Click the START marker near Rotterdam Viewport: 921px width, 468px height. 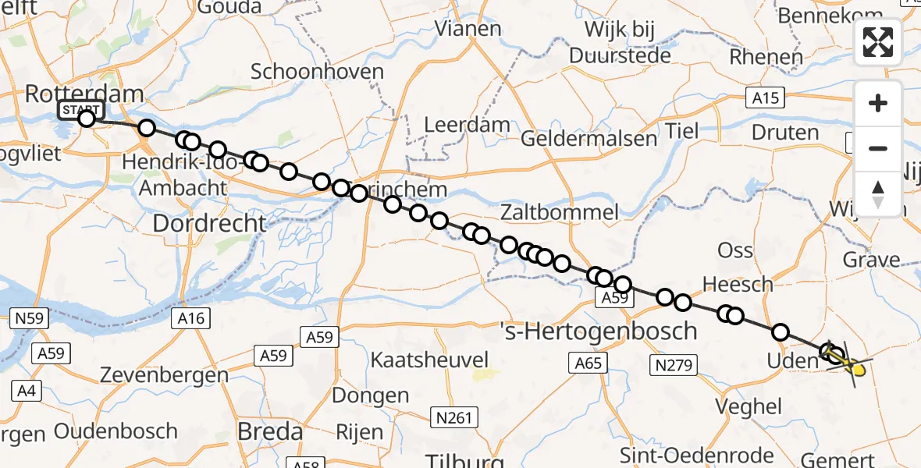(x=79, y=111)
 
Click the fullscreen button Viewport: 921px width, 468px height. (x=878, y=42)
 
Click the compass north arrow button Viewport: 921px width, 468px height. (x=878, y=193)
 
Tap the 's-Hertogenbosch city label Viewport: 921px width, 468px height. (x=598, y=331)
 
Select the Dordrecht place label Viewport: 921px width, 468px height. (x=209, y=223)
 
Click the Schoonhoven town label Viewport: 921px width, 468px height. (x=317, y=72)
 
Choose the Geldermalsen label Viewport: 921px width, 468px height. (x=578, y=139)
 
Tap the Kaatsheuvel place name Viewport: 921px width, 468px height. (x=429, y=360)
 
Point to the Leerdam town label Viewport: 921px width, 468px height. (x=467, y=125)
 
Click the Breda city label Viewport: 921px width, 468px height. (x=270, y=431)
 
